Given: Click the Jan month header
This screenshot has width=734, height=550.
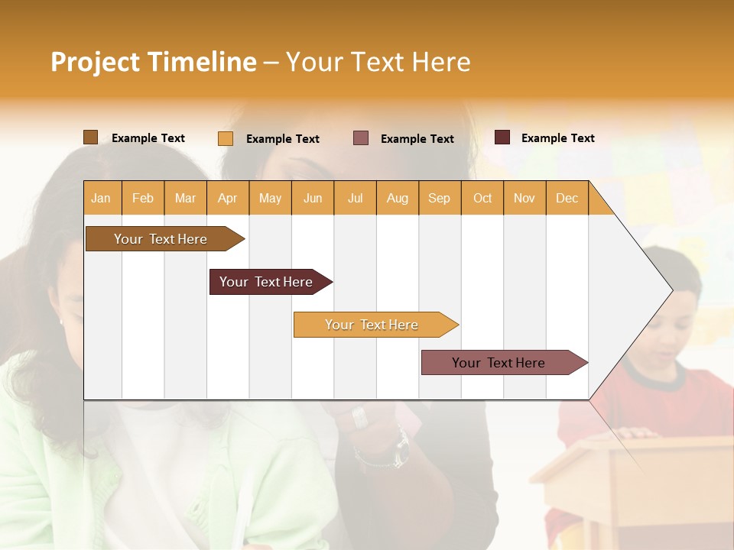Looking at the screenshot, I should point(101,198).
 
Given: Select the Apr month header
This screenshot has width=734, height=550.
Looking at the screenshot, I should point(227,198).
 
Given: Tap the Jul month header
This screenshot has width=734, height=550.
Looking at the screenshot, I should point(355,198).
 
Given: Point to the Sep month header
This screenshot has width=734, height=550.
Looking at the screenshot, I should point(439,198).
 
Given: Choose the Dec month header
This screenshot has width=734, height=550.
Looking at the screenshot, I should point(567,198).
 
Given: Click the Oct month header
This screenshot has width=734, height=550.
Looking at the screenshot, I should point(482,198).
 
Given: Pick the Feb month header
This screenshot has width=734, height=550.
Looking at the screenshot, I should point(143,198).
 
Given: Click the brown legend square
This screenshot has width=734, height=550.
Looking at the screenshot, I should point(90,137).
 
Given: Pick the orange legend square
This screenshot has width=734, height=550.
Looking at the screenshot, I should point(226,138).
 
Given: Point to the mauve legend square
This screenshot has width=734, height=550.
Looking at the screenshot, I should point(361,138).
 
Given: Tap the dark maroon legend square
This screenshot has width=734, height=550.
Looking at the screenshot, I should point(502,137).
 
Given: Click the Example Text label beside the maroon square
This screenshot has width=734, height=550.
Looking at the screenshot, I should point(557,138).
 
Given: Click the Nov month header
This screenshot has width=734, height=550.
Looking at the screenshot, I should point(524,198).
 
